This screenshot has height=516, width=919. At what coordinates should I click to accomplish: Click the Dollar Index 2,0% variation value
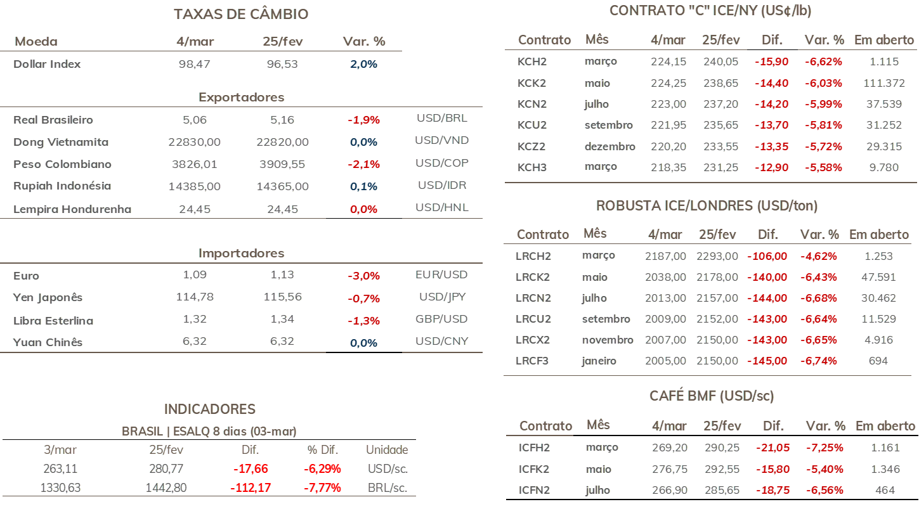[363, 64]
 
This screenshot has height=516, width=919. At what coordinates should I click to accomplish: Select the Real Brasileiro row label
[53, 120]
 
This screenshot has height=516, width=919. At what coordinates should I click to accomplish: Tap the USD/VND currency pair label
[441, 140]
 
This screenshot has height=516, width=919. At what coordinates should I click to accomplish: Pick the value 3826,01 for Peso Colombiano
[195, 164]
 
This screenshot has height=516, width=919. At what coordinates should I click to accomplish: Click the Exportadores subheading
[241, 97]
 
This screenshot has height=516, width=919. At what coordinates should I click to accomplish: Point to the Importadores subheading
[241, 253]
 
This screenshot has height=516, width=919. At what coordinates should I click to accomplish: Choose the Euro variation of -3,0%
[363, 276]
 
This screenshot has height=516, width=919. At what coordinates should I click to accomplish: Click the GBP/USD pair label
[441, 319]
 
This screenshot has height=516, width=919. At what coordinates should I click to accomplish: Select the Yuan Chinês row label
[48, 342]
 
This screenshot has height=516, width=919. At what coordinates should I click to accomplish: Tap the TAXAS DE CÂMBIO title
[241, 14]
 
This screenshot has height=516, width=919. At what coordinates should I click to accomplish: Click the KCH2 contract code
[532, 61]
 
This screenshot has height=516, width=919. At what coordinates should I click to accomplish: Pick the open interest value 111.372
[884, 83]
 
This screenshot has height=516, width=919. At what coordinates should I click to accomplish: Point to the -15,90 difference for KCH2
[772, 61]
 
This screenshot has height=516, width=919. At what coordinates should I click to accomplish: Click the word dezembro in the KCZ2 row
[610, 146]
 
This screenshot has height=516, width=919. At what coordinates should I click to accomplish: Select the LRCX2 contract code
[533, 340]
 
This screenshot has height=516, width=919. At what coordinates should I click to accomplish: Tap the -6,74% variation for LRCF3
[819, 361]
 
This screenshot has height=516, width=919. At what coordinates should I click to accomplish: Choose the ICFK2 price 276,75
[670, 469]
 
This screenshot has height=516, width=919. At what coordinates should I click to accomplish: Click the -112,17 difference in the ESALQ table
[251, 487]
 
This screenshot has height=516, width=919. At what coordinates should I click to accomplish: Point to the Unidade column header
[387, 450]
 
